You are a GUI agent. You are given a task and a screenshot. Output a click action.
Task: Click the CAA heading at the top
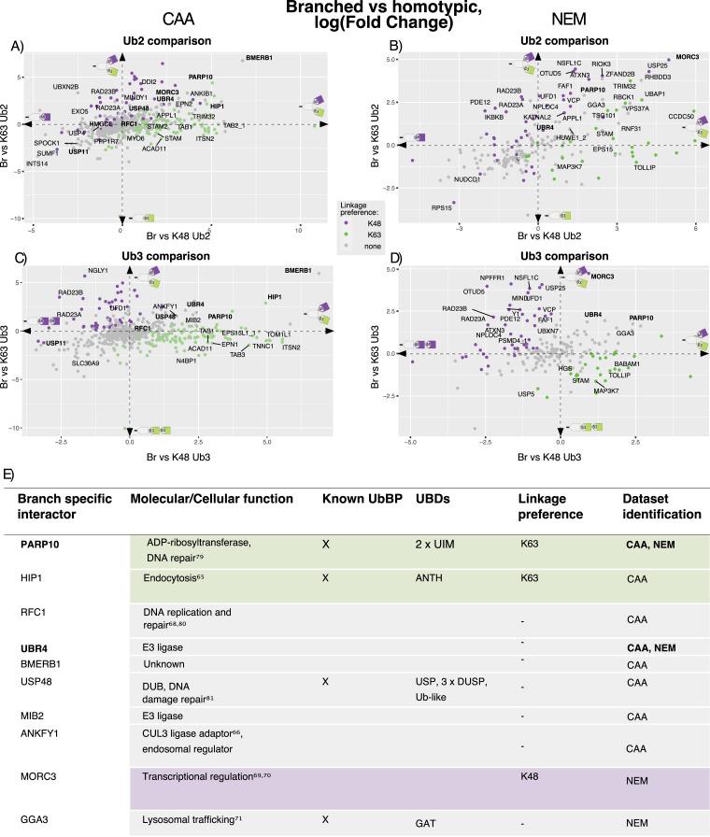pyautogui.click(x=178, y=20)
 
